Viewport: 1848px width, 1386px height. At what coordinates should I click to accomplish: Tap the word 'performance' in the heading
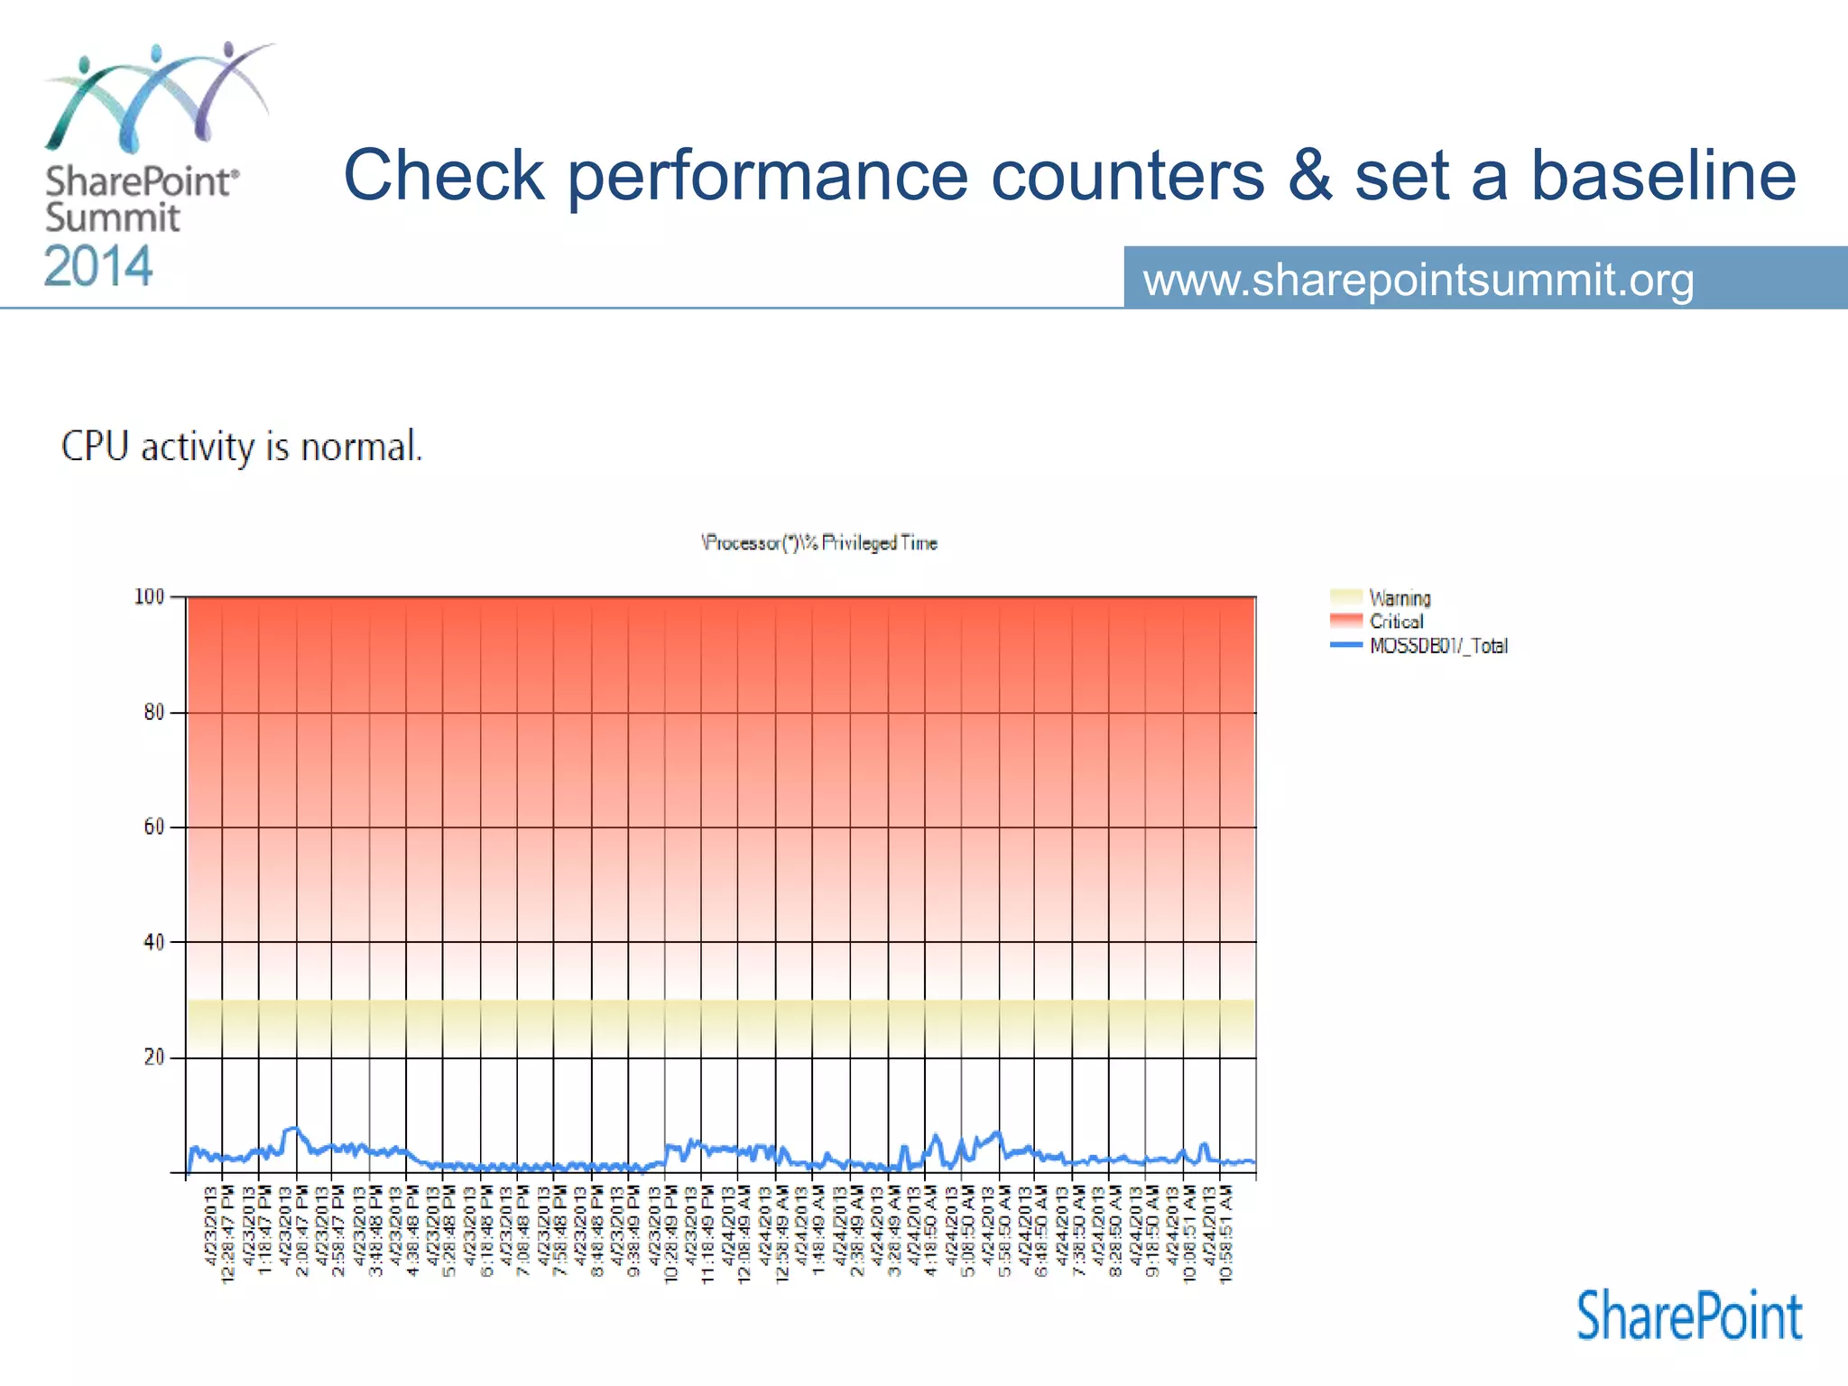pos(767,177)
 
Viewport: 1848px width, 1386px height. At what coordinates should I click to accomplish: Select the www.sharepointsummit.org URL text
pos(1418,280)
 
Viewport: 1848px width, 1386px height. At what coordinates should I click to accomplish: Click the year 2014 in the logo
pos(98,267)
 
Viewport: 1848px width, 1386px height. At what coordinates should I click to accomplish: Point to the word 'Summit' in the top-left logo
pos(113,218)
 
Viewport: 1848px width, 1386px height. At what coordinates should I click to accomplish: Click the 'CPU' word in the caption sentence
pos(95,447)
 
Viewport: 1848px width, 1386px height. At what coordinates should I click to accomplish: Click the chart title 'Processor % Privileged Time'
pos(819,542)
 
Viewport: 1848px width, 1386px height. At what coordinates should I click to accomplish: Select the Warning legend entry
pos(1399,598)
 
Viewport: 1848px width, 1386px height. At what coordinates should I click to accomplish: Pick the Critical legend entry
pos(1395,622)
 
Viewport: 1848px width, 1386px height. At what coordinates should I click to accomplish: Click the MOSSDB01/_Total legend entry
pos(1437,646)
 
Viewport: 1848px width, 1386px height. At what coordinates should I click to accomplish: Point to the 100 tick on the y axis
pos(149,596)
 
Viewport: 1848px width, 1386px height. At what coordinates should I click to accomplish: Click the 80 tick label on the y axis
pos(153,712)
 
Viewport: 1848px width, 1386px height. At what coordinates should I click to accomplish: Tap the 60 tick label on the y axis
pos(153,827)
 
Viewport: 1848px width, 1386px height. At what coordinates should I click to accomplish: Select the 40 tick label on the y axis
pos(153,942)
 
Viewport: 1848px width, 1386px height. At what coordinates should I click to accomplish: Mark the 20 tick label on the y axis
pos(153,1057)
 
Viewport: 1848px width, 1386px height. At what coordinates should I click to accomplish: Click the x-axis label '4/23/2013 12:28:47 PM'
pos(219,1233)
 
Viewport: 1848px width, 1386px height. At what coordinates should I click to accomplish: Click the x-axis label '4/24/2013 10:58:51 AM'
pos(1218,1233)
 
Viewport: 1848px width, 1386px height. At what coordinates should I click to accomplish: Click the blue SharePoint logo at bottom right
pos(1689,1317)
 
